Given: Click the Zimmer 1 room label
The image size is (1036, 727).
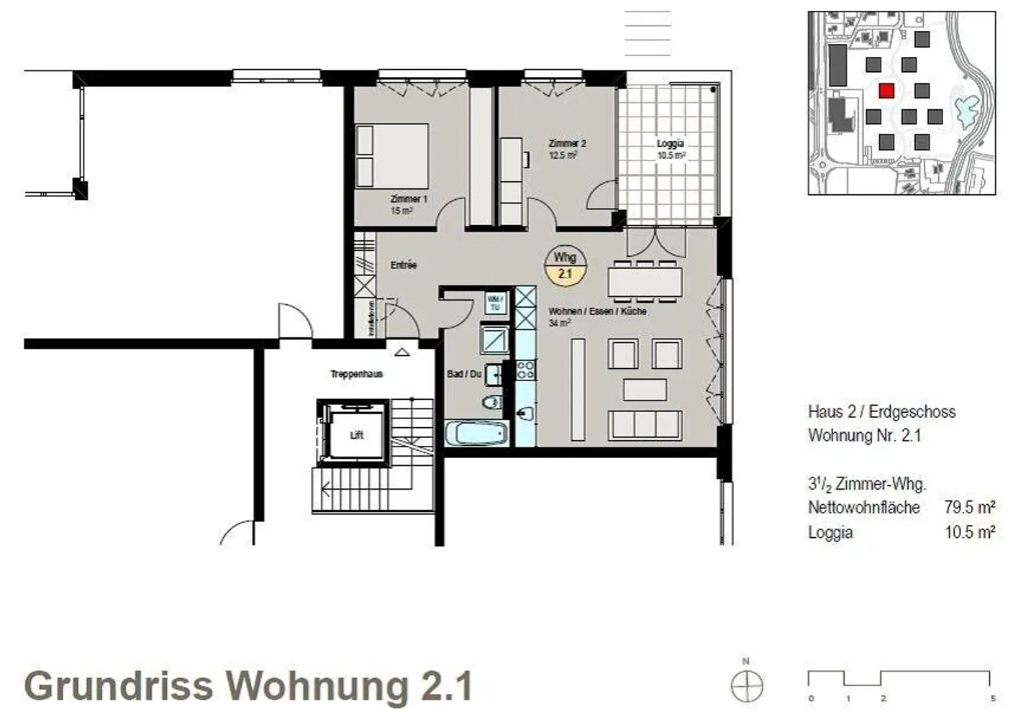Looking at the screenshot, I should coord(409,198).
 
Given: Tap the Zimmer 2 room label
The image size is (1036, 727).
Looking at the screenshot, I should coord(567,144).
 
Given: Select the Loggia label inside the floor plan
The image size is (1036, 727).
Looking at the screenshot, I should coord(670,144).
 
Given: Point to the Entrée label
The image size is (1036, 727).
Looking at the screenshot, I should coord(404,265).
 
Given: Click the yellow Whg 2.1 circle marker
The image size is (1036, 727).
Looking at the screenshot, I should coord(565,265).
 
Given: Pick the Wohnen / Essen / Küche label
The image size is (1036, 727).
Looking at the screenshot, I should coord(597,311).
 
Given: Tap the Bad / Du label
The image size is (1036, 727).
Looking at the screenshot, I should coord(463,374).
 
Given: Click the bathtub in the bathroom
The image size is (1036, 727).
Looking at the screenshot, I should coord(476,434).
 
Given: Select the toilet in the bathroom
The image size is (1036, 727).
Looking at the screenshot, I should coord(491,401).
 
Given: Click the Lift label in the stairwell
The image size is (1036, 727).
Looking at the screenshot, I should coord(357,435).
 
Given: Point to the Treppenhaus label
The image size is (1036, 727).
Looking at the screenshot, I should coord(356,374).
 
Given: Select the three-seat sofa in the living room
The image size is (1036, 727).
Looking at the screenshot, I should coord(645,424).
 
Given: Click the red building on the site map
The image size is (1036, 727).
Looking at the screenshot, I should coord(886,91).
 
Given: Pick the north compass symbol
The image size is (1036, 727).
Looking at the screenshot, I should coord(747,685).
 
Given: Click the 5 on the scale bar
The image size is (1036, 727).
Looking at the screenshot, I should coord(993,698).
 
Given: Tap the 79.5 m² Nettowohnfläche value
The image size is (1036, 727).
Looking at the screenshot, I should coord(969,507).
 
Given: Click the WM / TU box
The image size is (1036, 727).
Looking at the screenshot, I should coord(494,303).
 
